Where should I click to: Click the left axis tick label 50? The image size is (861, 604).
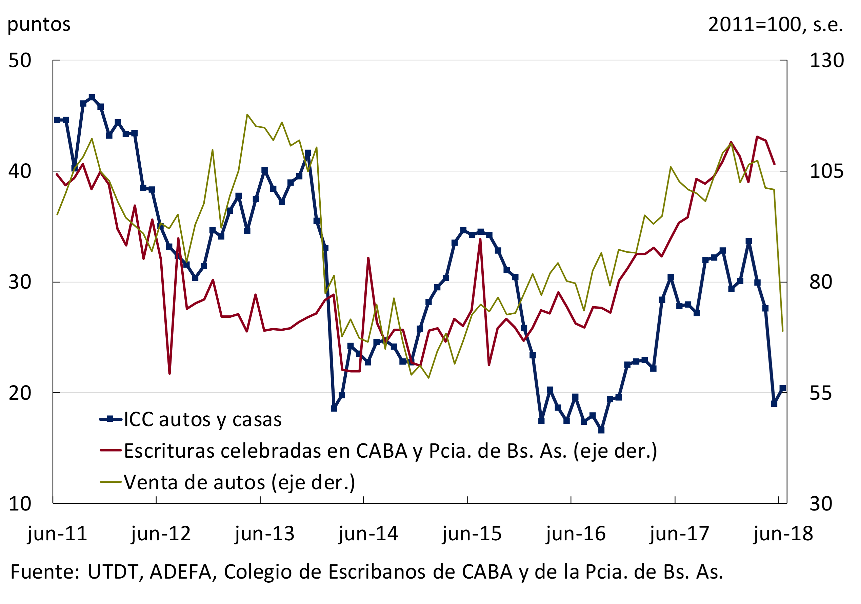pos(20,61)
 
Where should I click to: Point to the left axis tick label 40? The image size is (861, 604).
pos(20,172)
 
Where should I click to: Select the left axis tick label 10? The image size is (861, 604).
pos(20,504)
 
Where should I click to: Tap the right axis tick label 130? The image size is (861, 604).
pos(826,61)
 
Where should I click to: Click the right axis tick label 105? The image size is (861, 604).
pos(826,172)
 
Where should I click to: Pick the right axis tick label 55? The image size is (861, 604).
pos(821,393)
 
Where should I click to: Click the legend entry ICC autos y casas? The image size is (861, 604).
pos(202,420)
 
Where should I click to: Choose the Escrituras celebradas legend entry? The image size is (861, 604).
pos(390,451)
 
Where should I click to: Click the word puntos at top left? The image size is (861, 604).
pos(39,25)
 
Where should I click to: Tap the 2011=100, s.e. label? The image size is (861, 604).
pos(775,25)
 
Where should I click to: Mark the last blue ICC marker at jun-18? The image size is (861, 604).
pos(783,389)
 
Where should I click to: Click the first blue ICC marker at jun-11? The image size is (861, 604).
pos(57,120)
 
